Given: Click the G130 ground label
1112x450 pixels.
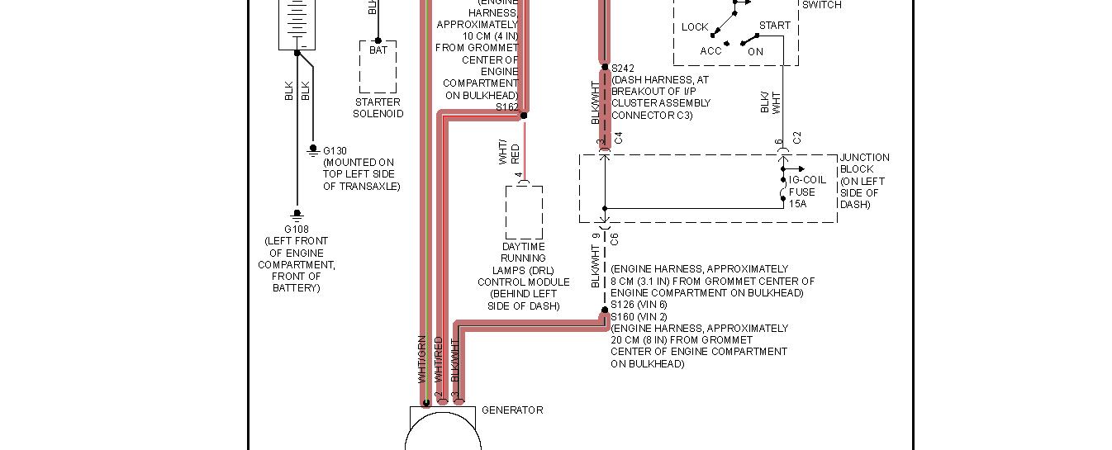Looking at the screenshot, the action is pyautogui.click(x=335, y=151).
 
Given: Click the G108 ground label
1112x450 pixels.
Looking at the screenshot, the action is pyautogui.click(x=297, y=230).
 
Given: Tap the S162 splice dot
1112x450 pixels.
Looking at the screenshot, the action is pyautogui.click(x=524, y=116).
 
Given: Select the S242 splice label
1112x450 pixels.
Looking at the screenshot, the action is pyautogui.click(x=623, y=69).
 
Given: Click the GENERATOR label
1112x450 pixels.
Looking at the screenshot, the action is pyautogui.click(x=512, y=410).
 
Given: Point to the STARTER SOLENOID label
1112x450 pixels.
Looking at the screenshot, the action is pyautogui.click(x=378, y=108).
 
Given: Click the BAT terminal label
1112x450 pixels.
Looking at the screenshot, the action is pyautogui.click(x=378, y=51).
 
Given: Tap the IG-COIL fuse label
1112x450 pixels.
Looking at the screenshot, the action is pyautogui.click(x=807, y=180).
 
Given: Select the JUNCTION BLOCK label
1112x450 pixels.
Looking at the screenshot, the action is pyautogui.click(x=864, y=163).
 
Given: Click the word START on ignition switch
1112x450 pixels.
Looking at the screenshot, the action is pyautogui.click(x=774, y=26).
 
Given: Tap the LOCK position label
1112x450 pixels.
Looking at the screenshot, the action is pyautogui.click(x=695, y=27).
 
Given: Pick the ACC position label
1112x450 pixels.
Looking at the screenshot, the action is pyautogui.click(x=710, y=51).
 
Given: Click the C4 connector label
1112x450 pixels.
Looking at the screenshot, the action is pyautogui.click(x=618, y=138).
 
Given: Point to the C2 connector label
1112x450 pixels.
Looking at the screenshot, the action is pyautogui.click(x=797, y=138).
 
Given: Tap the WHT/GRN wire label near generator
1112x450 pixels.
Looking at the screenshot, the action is pyautogui.click(x=422, y=359).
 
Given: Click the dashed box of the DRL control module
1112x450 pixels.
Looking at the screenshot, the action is pyautogui.click(x=524, y=213).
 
